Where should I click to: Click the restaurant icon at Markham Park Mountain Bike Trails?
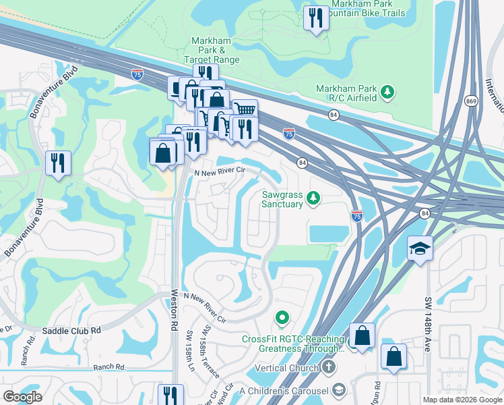pos(315,18)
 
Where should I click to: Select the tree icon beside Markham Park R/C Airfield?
pos(387,90)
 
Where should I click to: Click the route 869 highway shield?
pos(471,101)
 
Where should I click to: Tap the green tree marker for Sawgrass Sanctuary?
pos(313,198)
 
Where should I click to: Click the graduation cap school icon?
pos(420,248)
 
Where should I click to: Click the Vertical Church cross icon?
pos(328,368)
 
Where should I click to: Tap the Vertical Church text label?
pos(286,369)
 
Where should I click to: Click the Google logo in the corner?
pos(22,397)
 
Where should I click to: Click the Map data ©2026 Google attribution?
pos(462,400)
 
